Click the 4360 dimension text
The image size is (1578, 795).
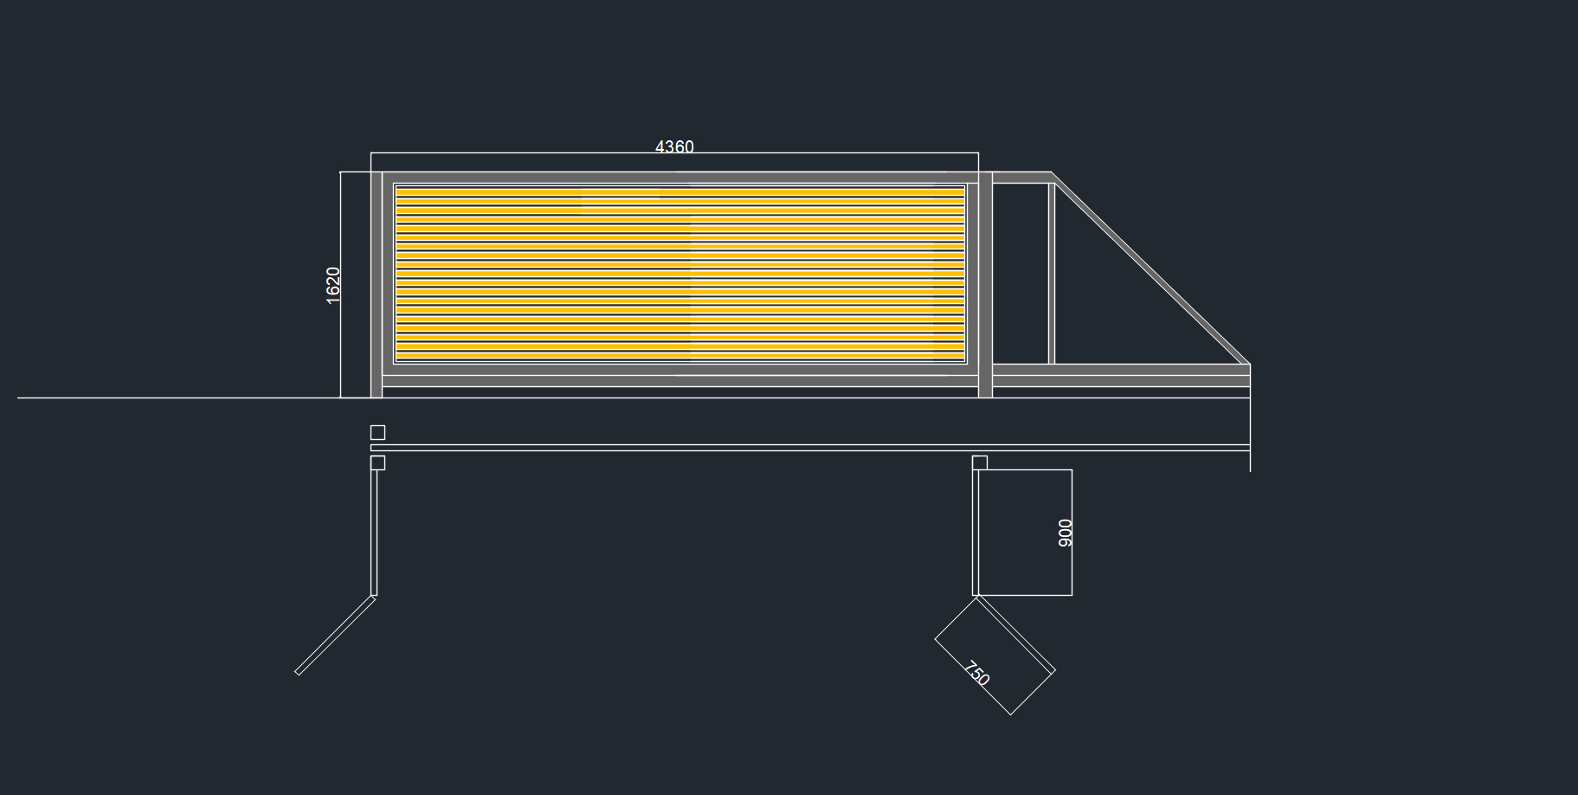coord(674,147)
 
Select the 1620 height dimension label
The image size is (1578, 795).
coord(333,285)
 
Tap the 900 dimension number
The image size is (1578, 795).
coord(1066,533)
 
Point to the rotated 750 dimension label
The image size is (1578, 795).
coord(976,674)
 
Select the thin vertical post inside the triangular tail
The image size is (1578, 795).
coord(1052,273)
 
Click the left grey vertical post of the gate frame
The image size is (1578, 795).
coord(377,285)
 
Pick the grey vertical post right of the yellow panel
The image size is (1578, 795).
coord(985,285)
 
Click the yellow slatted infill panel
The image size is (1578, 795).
coord(680,273)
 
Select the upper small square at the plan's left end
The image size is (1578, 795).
coord(377,432)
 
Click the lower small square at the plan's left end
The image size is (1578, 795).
coord(377,462)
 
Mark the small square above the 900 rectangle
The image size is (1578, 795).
coord(980,462)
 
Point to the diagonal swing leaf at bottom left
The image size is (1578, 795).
coord(335,635)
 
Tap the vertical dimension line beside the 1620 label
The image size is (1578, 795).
coord(341,346)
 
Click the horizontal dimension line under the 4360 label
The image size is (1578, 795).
coord(519,153)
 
